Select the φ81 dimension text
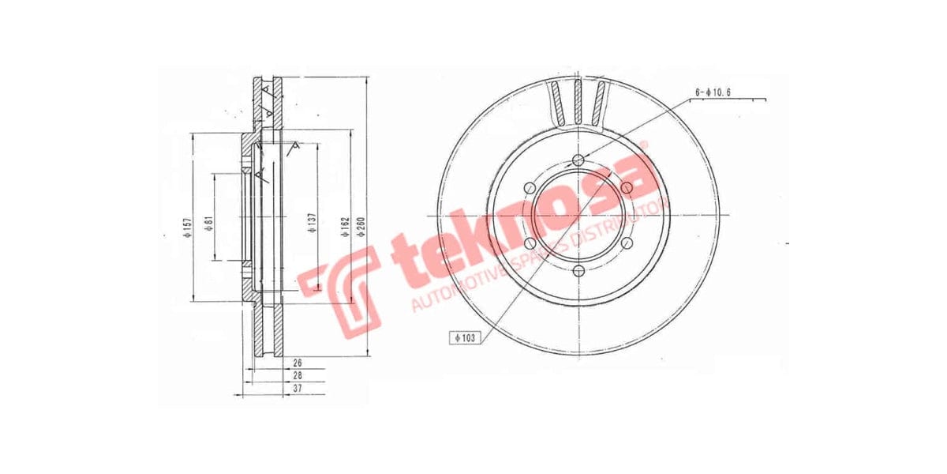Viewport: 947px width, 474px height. click(208, 224)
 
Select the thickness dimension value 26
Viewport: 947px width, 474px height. click(297, 363)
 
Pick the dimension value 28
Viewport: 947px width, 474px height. click(297, 376)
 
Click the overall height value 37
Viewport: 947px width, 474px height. click(297, 389)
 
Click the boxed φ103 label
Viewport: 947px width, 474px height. click(466, 337)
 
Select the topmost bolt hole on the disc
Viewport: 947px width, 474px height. click(578, 161)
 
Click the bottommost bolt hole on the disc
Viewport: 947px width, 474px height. click(578, 270)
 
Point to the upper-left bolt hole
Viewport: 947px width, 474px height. click(530, 188)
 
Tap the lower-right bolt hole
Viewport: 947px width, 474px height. click(626, 243)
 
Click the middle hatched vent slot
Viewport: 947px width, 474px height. click(578, 101)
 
